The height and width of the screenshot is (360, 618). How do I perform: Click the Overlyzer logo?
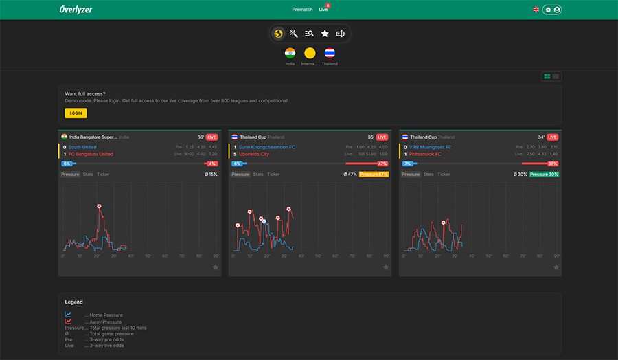[76, 10]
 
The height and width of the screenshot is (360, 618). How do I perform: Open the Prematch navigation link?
[302, 10]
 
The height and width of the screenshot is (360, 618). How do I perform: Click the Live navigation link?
[323, 10]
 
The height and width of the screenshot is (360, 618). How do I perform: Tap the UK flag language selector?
[536, 10]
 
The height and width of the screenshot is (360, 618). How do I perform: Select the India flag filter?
[290, 53]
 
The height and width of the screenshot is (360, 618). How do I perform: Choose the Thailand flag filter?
[330, 53]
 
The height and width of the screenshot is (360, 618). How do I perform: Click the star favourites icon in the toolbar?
[325, 34]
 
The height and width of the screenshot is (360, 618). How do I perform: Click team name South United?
[82, 147]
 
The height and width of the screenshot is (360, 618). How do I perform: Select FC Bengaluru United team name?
[91, 154]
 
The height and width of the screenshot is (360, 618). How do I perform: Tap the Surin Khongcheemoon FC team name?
[267, 147]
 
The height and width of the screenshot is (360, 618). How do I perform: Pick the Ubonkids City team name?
[254, 154]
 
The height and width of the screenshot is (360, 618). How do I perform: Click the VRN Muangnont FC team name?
[431, 147]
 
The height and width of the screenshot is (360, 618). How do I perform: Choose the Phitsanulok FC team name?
[426, 154]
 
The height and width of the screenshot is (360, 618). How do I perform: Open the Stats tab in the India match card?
[88, 175]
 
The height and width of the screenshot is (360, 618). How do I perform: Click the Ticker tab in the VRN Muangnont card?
[444, 175]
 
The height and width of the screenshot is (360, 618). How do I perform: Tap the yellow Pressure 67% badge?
[374, 175]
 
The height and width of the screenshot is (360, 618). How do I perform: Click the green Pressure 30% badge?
[544, 175]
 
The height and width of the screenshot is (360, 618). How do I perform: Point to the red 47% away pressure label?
[382, 164]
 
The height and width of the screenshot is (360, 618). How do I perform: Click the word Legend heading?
[73, 302]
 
